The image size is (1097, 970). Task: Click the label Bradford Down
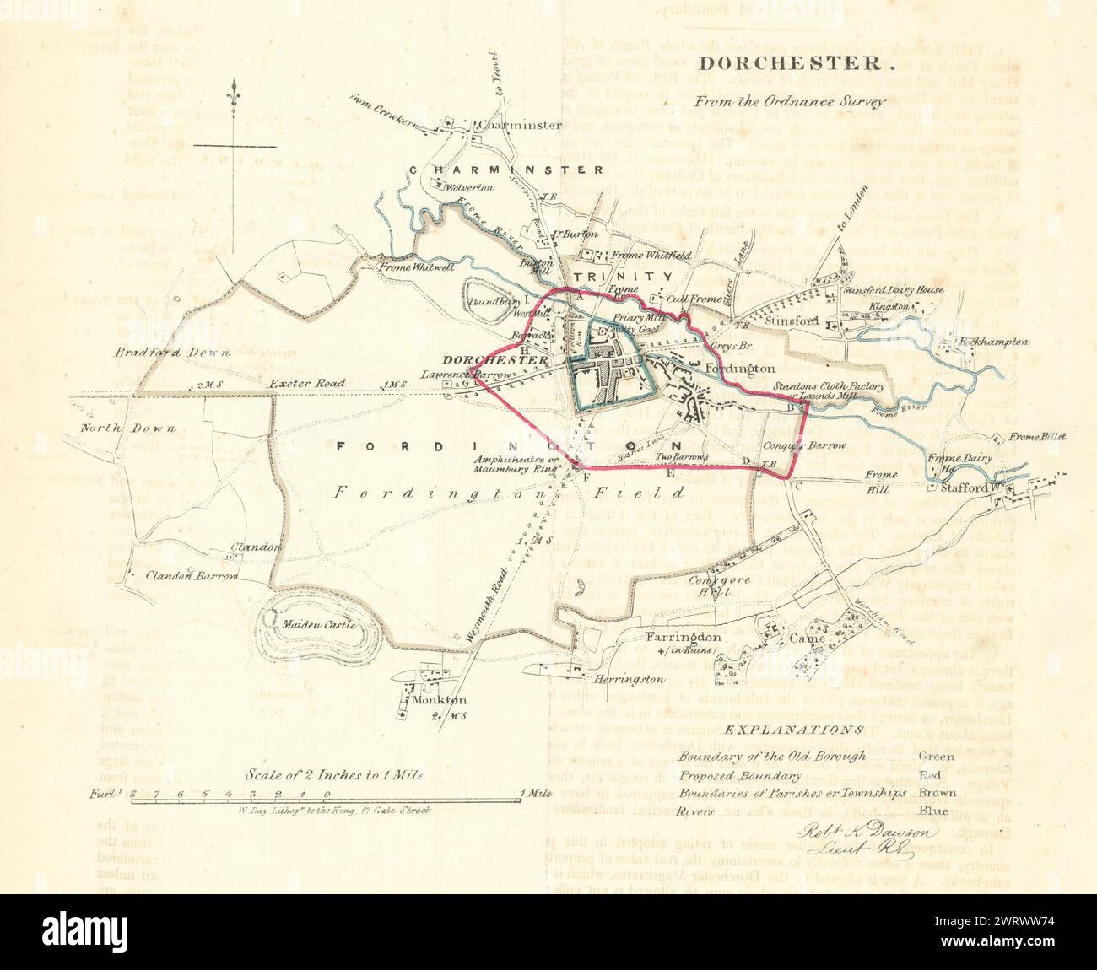click(174, 353)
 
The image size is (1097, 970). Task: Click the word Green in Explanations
click(935, 756)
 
